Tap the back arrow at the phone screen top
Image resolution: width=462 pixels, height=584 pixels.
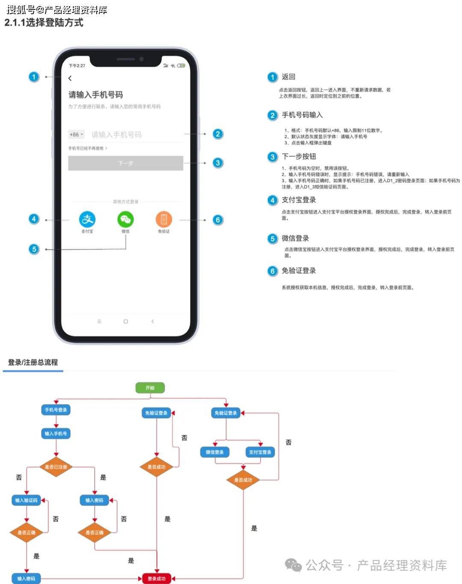point(70,78)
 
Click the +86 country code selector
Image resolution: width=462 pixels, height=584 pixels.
point(76,135)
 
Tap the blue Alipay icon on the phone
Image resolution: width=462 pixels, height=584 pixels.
point(87,219)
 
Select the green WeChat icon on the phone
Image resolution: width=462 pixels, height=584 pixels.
point(125,219)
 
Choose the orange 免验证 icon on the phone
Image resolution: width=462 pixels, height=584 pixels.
point(164,219)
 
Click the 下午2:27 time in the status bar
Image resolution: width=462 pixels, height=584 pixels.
point(77,66)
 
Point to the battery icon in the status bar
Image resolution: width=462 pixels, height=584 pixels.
point(181,65)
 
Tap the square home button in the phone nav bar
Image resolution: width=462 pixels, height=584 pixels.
point(126,321)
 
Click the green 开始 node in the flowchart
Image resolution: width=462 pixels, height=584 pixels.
point(150,388)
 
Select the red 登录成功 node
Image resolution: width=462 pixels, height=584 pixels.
point(157,578)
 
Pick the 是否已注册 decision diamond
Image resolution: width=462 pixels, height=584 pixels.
point(56,467)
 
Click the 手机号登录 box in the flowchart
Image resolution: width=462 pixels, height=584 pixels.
point(56,410)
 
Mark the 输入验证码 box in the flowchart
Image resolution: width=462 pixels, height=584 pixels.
point(27,500)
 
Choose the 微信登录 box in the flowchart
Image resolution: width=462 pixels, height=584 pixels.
point(215,452)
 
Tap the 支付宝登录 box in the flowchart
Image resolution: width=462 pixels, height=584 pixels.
point(260,452)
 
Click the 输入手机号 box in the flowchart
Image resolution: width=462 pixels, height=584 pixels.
point(56,434)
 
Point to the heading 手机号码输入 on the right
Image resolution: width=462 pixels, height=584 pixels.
point(302,115)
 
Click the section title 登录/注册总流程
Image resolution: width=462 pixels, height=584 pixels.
point(33,363)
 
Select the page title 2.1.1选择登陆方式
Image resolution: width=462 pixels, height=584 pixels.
point(44,23)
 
